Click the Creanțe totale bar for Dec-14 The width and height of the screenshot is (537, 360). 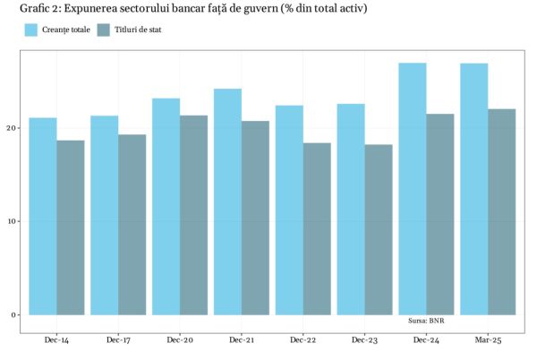tap(43, 216)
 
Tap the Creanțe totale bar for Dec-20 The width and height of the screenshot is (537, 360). tap(166, 206)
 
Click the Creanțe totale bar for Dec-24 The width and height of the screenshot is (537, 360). tap(413, 188)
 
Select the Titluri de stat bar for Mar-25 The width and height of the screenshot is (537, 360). tap(501, 211)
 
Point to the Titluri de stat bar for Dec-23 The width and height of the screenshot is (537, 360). tap(378, 229)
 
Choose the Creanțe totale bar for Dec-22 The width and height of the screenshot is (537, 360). tap(289, 210)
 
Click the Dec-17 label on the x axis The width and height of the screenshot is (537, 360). tap(118, 340)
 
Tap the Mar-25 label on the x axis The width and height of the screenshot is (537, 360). tap(487, 340)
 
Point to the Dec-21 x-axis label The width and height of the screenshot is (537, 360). tap(241, 340)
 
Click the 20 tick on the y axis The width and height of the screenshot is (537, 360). tap(11, 128)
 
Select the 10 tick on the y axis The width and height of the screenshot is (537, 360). tap(11, 221)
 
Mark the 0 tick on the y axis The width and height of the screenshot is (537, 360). tap(13, 314)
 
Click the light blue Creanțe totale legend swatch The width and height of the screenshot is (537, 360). tap(31, 30)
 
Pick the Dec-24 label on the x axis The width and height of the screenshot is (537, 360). tap(426, 340)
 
